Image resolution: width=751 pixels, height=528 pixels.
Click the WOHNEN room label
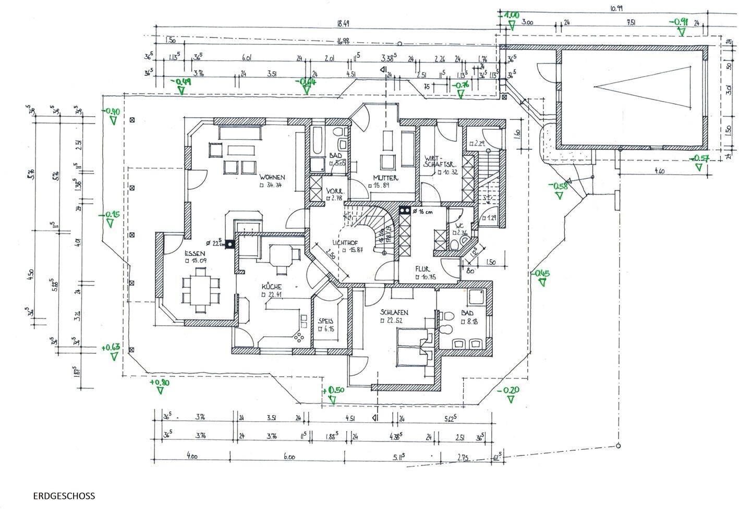point(272,177)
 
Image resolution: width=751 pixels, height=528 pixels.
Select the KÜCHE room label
point(272,287)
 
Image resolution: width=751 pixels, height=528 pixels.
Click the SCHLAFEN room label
point(394,313)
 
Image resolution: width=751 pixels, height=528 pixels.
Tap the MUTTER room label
point(385,178)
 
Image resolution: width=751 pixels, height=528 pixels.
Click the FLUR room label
point(422,269)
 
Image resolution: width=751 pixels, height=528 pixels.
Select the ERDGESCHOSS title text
point(64,496)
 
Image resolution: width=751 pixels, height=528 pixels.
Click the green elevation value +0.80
point(160,383)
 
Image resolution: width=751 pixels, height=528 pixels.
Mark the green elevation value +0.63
point(111,348)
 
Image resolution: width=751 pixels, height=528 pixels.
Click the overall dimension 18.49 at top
point(343,23)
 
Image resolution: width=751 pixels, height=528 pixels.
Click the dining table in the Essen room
point(201,287)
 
